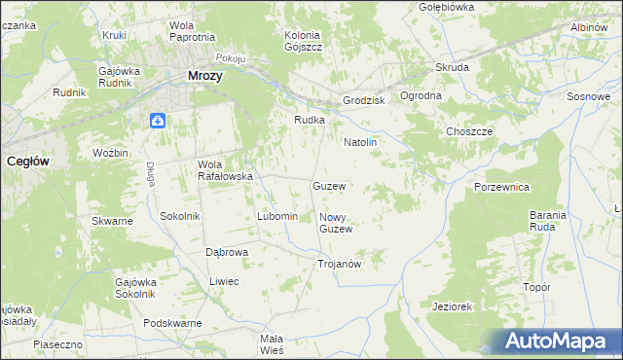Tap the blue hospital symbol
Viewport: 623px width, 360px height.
click(x=158, y=120)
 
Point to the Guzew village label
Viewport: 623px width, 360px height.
click(x=329, y=185)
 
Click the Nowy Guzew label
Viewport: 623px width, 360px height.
click(x=335, y=223)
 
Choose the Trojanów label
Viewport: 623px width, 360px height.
click(x=340, y=264)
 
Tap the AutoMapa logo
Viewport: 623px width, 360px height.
click(x=555, y=342)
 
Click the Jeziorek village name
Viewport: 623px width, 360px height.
click(x=452, y=306)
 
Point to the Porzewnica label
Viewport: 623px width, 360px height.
click(x=501, y=186)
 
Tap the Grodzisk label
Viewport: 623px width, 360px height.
click(x=364, y=101)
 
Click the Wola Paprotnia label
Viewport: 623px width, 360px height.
click(x=191, y=30)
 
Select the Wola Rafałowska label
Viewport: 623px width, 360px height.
click(x=226, y=170)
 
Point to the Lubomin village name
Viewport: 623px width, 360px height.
click(x=276, y=215)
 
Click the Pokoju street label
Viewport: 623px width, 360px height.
click(x=231, y=58)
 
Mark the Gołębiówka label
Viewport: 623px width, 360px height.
click(x=446, y=7)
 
